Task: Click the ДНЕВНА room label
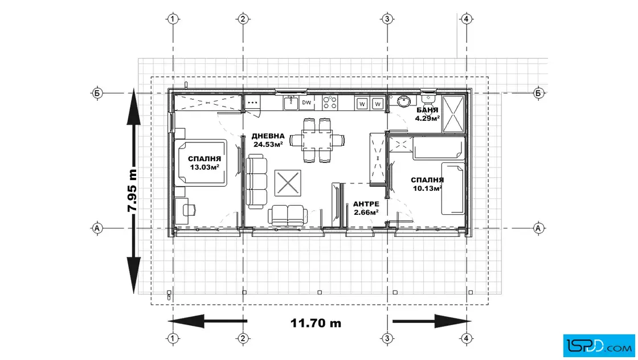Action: click(268, 136)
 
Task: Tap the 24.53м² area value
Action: click(268, 145)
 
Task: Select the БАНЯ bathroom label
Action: click(427, 111)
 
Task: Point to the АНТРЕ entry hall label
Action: click(366, 204)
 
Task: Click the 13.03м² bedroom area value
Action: click(205, 167)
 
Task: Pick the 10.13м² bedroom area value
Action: click(427, 189)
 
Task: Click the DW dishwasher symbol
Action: click(306, 103)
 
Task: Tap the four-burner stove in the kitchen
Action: click(330, 103)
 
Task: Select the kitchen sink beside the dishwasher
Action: click(291, 103)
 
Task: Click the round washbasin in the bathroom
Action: click(403, 101)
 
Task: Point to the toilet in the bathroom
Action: click(428, 99)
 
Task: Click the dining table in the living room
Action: click(317, 140)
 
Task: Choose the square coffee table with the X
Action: click(288, 183)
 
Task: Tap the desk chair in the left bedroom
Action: click(189, 210)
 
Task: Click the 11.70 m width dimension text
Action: click(316, 324)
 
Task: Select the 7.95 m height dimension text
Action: click(132, 190)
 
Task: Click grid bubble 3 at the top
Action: click(387, 19)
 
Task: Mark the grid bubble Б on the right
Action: click(538, 93)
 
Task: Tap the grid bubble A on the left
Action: click(97, 228)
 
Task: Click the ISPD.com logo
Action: click(599, 346)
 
